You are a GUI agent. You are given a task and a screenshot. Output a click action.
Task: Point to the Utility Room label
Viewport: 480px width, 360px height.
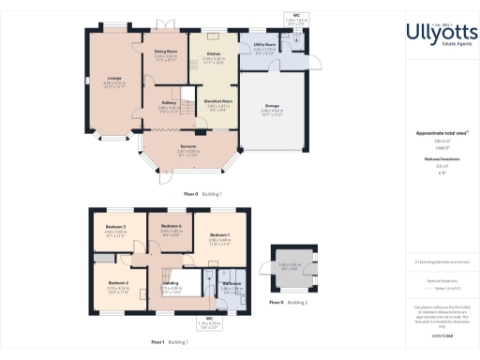coord(263,44)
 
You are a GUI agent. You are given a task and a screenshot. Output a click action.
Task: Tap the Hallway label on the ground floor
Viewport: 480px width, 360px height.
coord(168,105)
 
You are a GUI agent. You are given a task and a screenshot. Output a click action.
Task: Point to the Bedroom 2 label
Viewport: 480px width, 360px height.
coord(117,282)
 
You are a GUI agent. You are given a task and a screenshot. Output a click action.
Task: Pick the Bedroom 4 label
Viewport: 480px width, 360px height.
coord(170,227)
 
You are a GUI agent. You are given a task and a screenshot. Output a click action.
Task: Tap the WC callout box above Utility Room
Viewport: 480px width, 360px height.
coord(295,18)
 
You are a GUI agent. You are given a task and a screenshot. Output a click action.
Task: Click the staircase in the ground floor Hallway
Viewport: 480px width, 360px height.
coord(188,113)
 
